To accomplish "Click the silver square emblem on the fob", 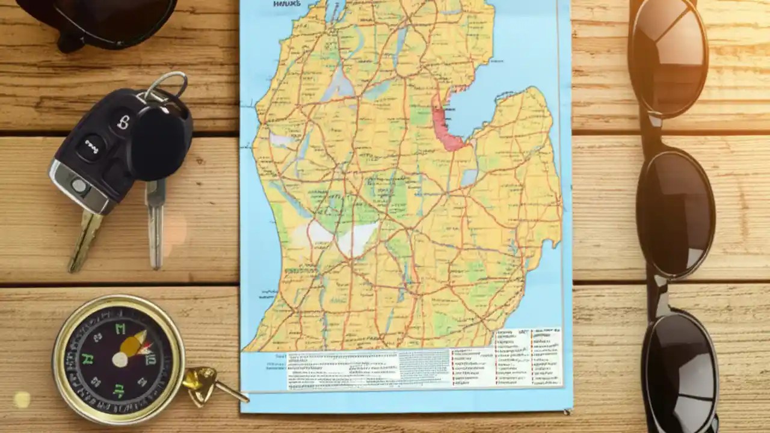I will pyautogui.click(x=79, y=186).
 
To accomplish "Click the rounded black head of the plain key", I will pyautogui.click(x=159, y=142).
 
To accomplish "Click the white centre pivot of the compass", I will pyautogui.click(x=120, y=360).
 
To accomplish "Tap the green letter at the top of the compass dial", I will pyautogui.click(x=120, y=329).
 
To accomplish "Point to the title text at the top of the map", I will pyautogui.click(x=287, y=4).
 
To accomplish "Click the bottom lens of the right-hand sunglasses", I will pyautogui.click(x=680, y=368).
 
